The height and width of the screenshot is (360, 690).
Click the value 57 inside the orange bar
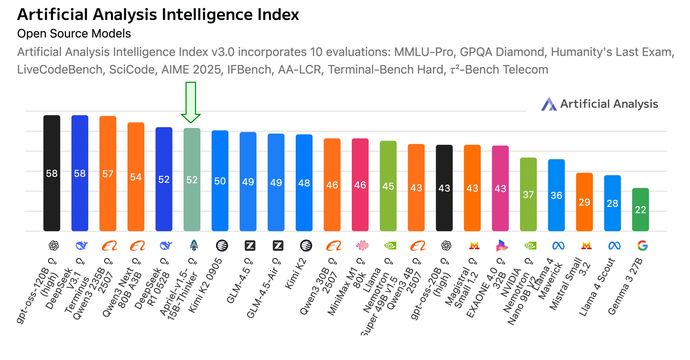coord(108,174)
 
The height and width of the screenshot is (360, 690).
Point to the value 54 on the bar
coord(136,177)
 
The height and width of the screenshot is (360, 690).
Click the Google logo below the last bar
coord(642,246)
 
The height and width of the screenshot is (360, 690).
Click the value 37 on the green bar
coord(528,195)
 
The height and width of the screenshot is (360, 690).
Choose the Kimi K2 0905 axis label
coord(205,285)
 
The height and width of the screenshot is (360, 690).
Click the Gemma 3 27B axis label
coord(625,286)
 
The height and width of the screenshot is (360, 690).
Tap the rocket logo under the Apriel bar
coord(194,246)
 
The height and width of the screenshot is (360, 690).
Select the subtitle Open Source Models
coord(74,34)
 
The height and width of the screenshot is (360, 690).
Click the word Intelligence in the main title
coord(207,14)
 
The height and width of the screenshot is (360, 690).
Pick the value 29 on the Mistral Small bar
coord(584,202)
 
